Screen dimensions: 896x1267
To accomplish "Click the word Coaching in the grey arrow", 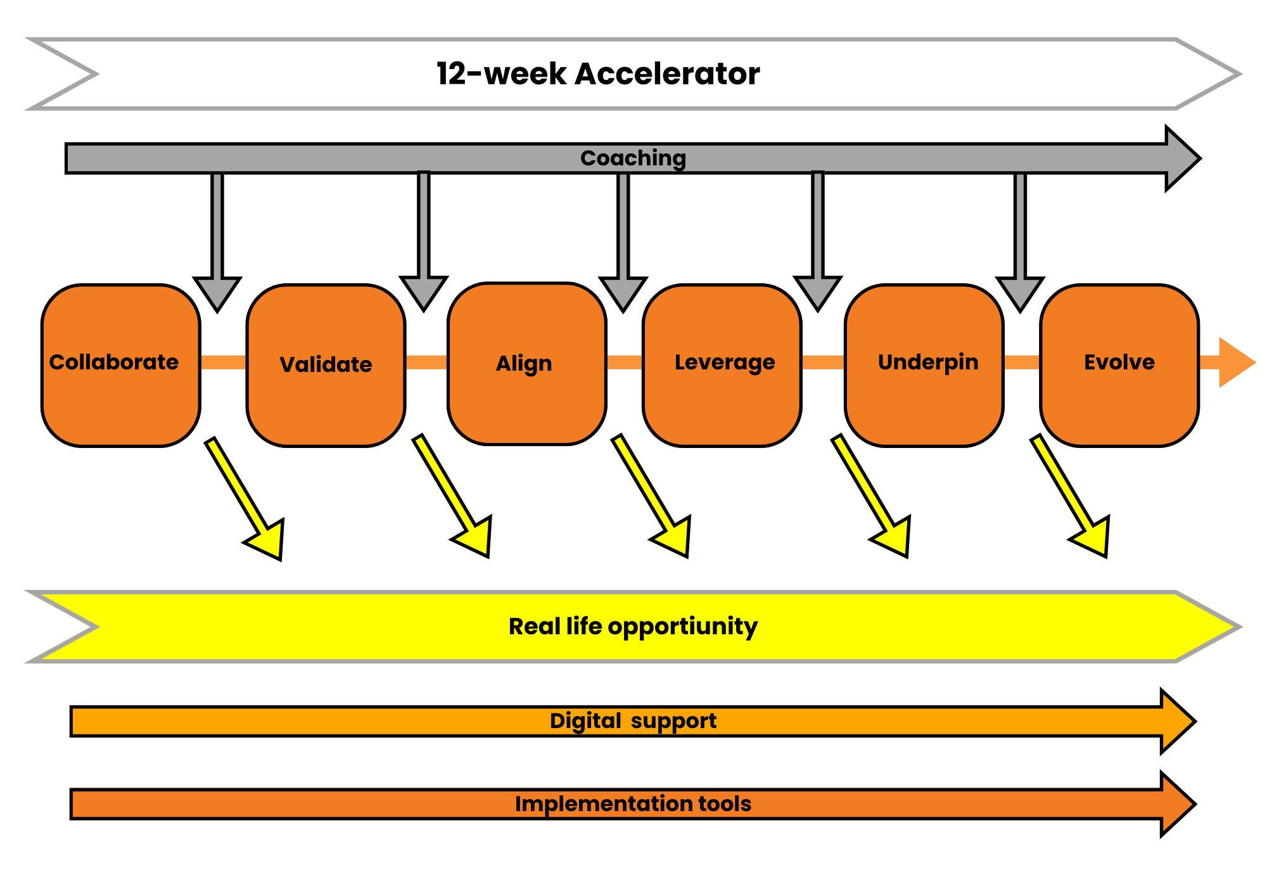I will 633,158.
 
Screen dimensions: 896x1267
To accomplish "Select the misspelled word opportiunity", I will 682,626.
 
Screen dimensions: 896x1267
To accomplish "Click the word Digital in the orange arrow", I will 585,721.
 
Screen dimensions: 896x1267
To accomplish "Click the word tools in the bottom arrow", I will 725,803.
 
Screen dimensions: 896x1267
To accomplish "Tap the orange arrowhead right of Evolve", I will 1235,362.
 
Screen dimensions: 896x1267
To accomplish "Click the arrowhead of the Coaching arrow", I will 1182,158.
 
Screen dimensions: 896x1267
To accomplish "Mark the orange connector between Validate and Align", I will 426,362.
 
